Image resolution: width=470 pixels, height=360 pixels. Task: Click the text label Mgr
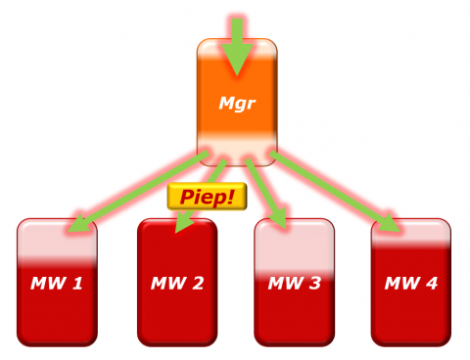pyautogui.click(x=236, y=103)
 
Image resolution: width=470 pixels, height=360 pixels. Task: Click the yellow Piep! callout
pyautogui.click(x=206, y=196)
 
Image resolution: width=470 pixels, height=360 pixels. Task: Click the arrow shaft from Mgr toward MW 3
pyautogui.click(x=262, y=186)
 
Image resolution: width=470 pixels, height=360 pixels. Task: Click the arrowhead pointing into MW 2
pyautogui.click(x=181, y=224)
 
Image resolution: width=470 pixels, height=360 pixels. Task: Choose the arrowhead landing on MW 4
pyautogui.click(x=391, y=224)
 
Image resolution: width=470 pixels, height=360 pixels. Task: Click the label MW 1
pyautogui.click(x=57, y=284)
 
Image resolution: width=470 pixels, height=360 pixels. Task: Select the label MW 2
pyautogui.click(x=177, y=284)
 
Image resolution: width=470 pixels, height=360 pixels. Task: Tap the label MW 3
pyautogui.click(x=294, y=284)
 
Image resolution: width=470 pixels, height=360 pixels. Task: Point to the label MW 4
pyautogui.click(x=411, y=284)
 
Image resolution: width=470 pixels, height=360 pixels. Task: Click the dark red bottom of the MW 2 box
pyautogui.click(x=177, y=323)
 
